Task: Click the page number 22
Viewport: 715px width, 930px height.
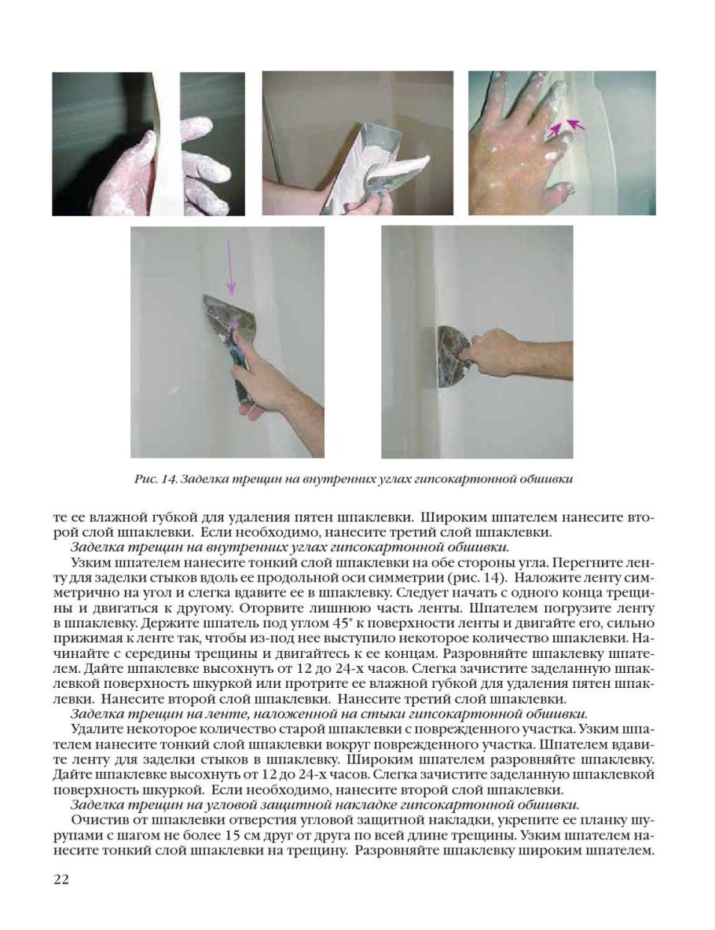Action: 61,879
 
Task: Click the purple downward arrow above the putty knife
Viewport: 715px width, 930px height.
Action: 230,267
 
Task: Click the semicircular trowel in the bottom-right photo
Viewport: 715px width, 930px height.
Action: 449,356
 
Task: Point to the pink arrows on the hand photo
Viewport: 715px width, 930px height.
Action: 566,126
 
